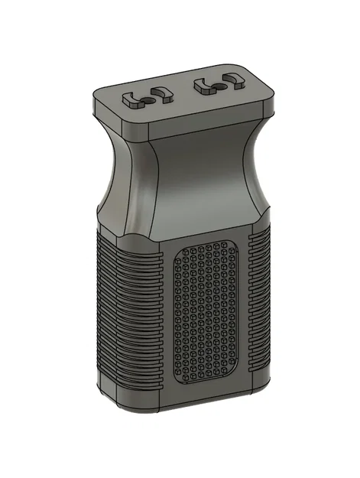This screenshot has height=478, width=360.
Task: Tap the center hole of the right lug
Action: (x=219, y=83)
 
